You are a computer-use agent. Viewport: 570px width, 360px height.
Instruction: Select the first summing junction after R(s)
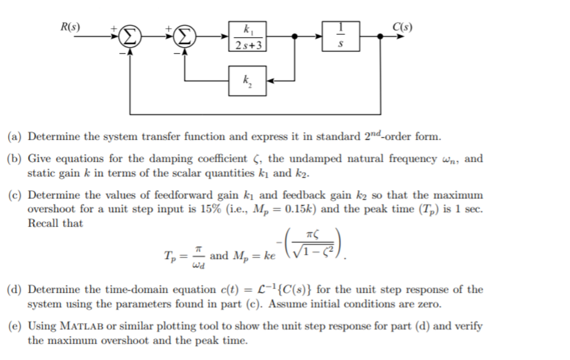pyautogui.click(x=128, y=37)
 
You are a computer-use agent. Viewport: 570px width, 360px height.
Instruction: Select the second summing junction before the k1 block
pyautogui.click(x=185, y=37)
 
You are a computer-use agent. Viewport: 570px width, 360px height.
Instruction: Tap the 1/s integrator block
pyautogui.click(x=342, y=36)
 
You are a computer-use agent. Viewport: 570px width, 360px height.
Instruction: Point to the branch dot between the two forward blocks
pyautogui.click(x=296, y=37)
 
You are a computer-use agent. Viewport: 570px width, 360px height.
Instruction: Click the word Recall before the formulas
pyautogui.click(x=43, y=224)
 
